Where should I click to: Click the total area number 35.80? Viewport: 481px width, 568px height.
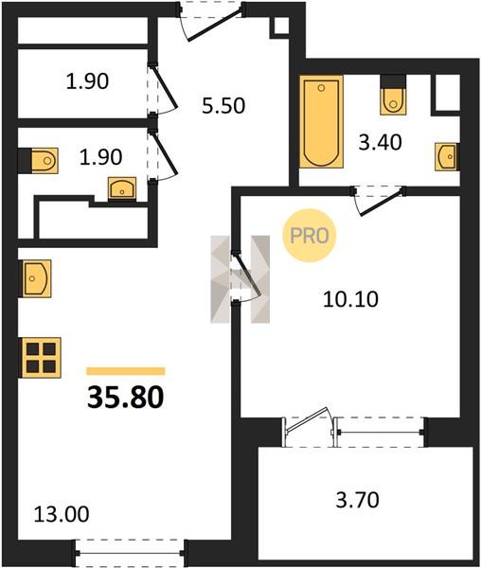pos(126,398)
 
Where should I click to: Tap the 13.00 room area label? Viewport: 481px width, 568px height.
pos(62,514)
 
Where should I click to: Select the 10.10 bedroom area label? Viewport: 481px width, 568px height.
pos(350,299)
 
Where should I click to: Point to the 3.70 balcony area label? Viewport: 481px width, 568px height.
pos(358,500)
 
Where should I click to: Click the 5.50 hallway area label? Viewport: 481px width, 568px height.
pos(223,106)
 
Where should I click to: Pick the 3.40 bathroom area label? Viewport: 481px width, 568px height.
pos(380,142)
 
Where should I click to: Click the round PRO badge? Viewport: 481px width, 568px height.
pos(310,236)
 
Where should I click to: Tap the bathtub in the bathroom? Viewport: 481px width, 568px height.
pos(321,122)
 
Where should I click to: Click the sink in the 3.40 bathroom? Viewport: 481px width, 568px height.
pos(447,156)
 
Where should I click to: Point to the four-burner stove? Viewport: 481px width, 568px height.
pos(40,358)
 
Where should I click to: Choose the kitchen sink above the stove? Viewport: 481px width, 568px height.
pos(35,278)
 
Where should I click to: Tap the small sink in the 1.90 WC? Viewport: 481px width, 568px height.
pos(122,188)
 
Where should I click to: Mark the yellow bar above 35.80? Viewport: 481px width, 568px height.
pos(126,371)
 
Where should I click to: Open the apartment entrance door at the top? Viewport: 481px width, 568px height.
pos(211,22)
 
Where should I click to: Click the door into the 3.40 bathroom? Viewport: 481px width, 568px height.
pos(379,202)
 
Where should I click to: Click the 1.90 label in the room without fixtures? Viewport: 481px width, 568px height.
pos(87,81)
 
